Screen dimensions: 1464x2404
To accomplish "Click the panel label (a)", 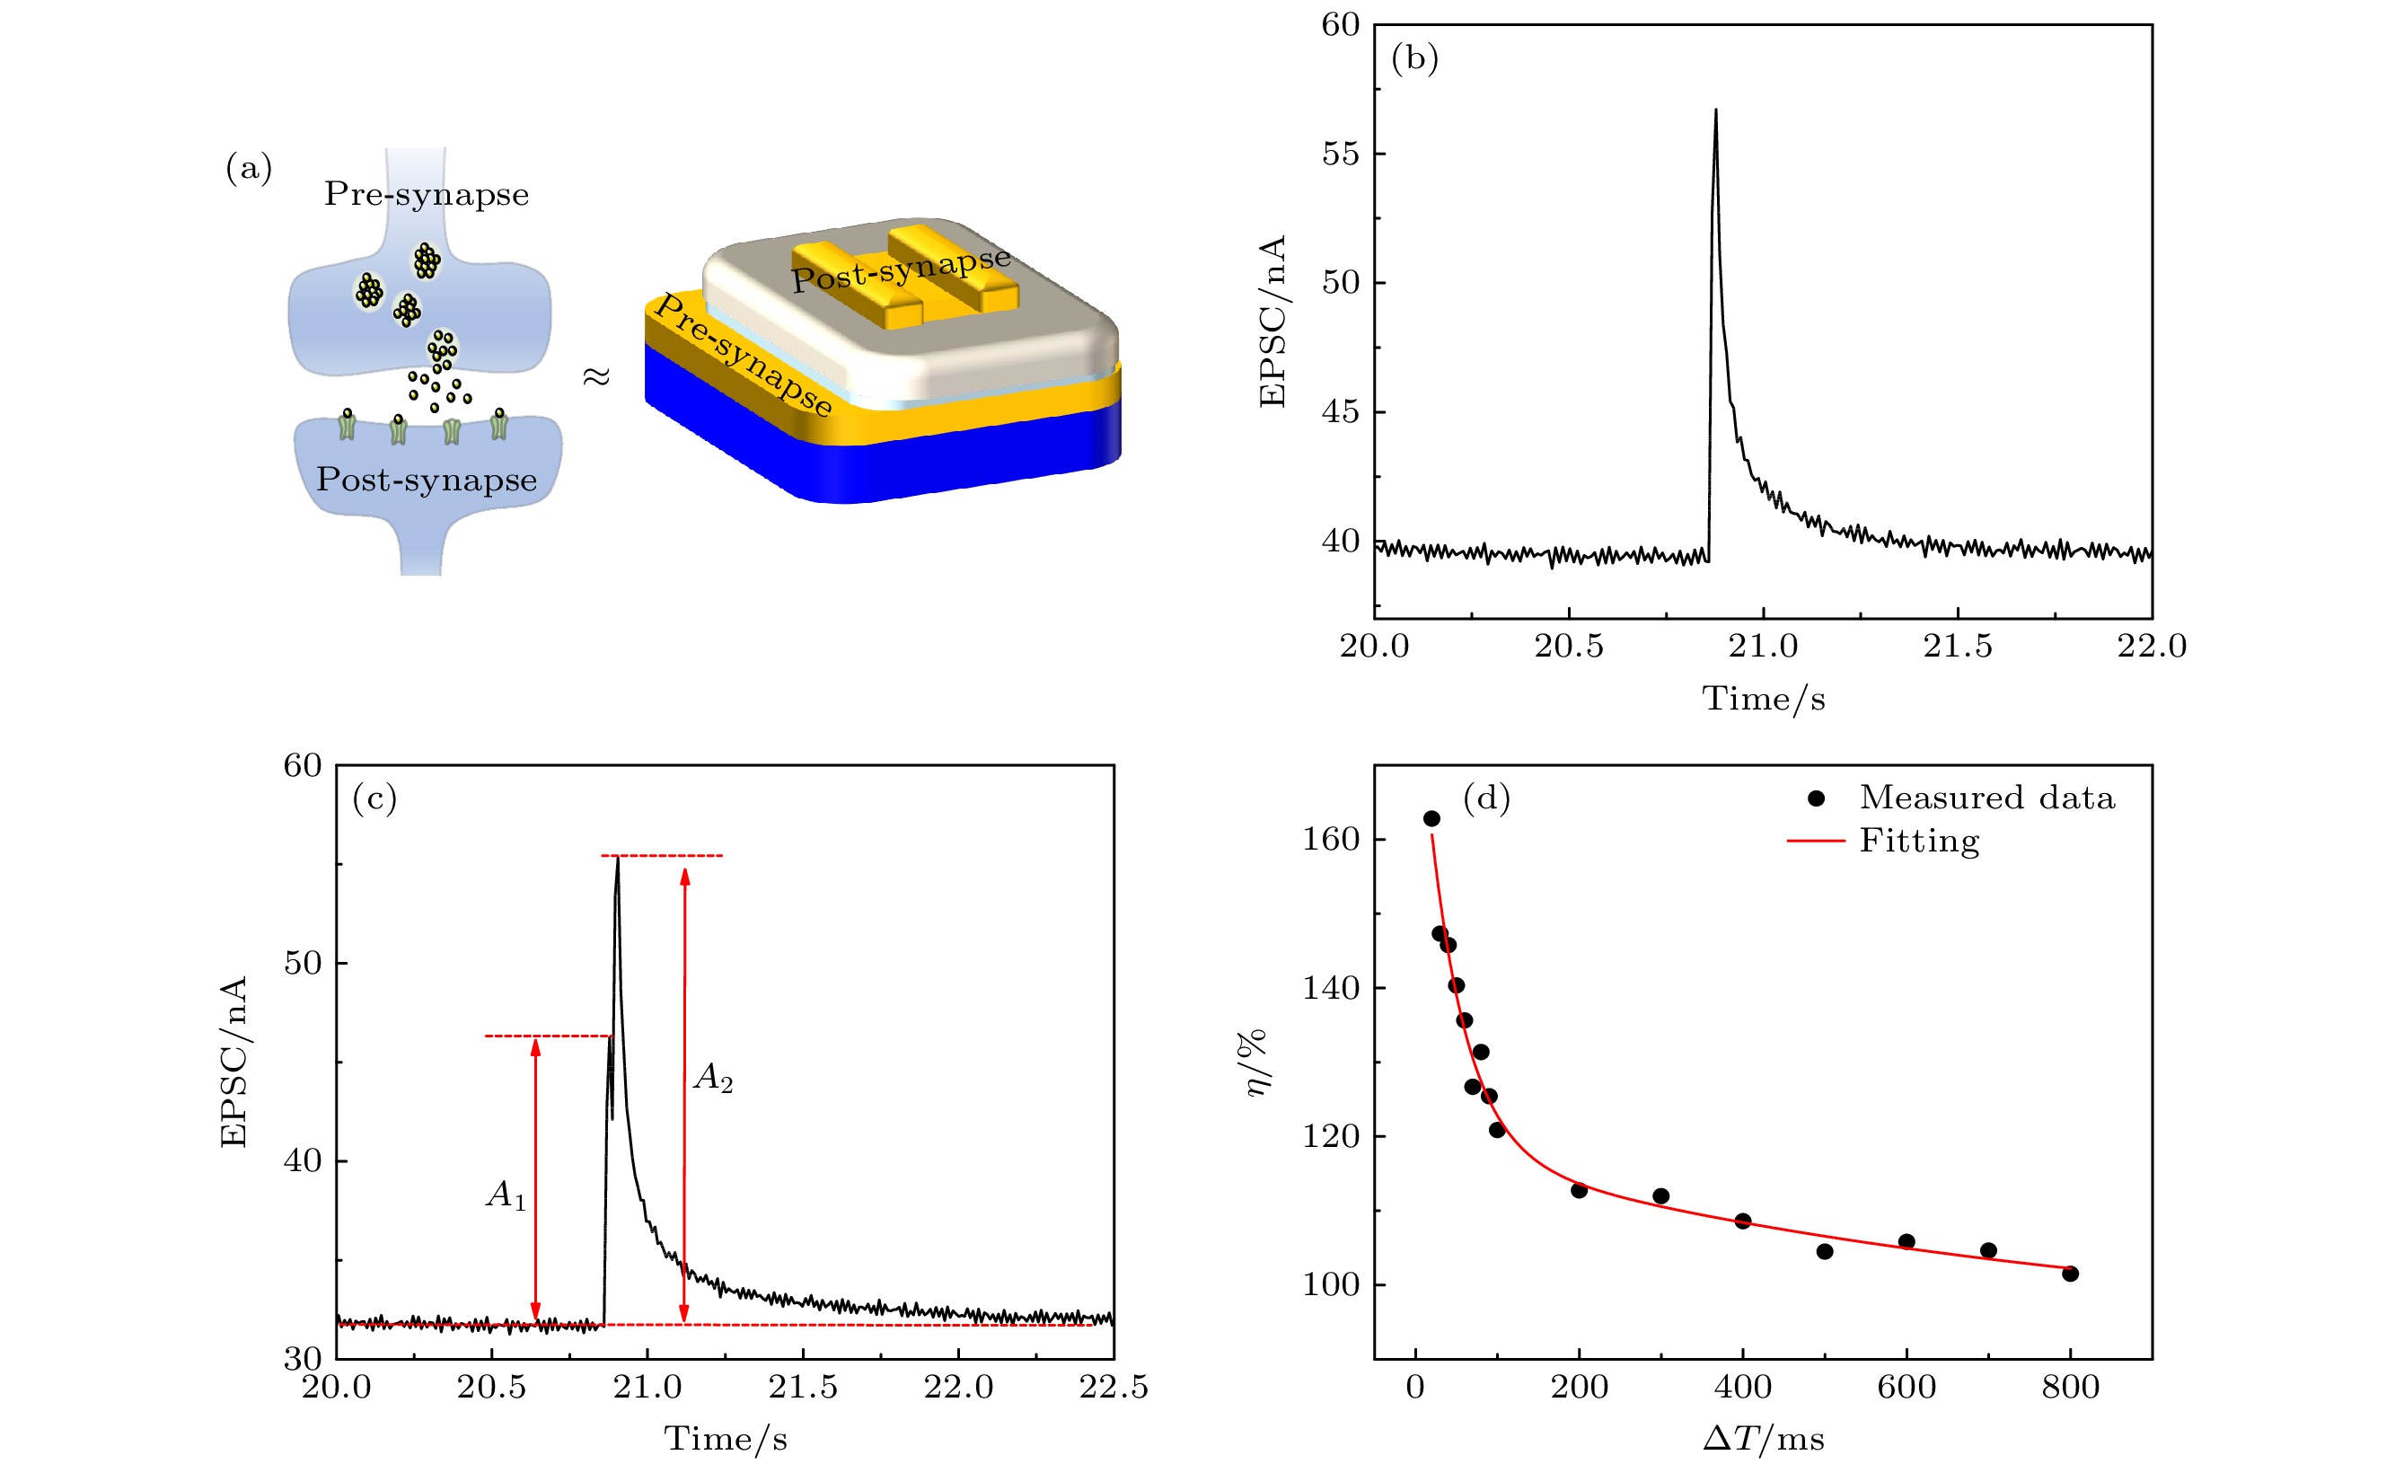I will pyautogui.click(x=249, y=168).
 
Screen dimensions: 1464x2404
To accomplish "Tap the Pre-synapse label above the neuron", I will pyautogui.click(x=427, y=194).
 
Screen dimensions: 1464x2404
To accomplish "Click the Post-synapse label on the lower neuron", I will pyautogui.click(x=427, y=481).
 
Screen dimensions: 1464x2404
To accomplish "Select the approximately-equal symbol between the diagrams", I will pyautogui.click(x=596, y=375).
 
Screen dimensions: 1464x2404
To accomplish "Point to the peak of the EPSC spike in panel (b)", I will pyautogui.click(x=1715, y=111).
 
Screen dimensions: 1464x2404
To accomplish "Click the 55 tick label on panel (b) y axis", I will pyautogui.click(x=1340, y=154).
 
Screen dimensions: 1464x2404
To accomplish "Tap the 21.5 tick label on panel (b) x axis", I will pyautogui.click(x=1957, y=646).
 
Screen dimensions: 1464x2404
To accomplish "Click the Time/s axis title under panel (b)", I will pyautogui.click(x=1763, y=699).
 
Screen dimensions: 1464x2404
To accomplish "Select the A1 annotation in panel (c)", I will pyautogui.click(x=506, y=1195).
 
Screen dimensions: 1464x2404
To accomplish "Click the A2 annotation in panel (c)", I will pyautogui.click(x=713, y=1078).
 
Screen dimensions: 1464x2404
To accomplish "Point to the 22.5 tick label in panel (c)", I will pyautogui.click(x=1114, y=1387).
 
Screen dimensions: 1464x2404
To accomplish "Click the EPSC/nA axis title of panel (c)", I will pyautogui.click(x=234, y=1062).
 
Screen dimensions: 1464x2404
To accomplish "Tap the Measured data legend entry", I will pyautogui.click(x=1986, y=798).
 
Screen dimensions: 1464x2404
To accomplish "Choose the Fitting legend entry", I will pyautogui.click(x=1918, y=841).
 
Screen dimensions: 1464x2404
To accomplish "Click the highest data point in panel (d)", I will pyautogui.click(x=1431, y=818).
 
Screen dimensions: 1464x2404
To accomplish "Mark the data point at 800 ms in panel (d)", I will pyautogui.click(x=2070, y=1273).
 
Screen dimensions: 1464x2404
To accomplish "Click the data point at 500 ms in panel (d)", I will pyautogui.click(x=1825, y=1251).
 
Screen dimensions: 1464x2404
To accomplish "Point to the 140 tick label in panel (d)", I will pyautogui.click(x=1331, y=988).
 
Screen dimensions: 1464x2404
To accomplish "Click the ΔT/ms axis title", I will pyautogui.click(x=1763, y=1439).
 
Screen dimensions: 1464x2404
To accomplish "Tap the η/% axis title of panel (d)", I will pyautogui.click(x=1256, y=1062).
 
